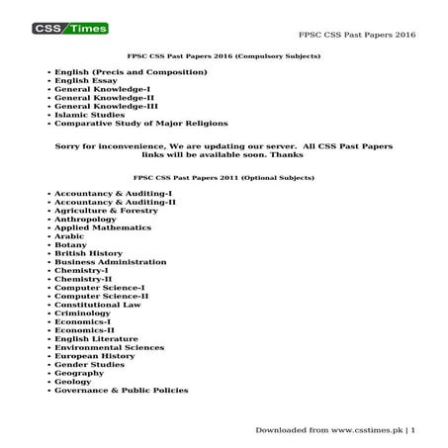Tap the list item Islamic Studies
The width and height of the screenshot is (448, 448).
[90, 114]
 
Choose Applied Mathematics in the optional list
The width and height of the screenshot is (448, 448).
[103, 227]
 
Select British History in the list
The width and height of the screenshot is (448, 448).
[88, 253]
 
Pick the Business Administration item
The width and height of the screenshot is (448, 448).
[110, 262]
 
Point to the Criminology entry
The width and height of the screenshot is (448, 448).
[83, 314]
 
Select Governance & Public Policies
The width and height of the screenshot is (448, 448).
[121, 391]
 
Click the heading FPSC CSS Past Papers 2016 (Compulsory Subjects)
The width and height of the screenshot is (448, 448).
[224, 57]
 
